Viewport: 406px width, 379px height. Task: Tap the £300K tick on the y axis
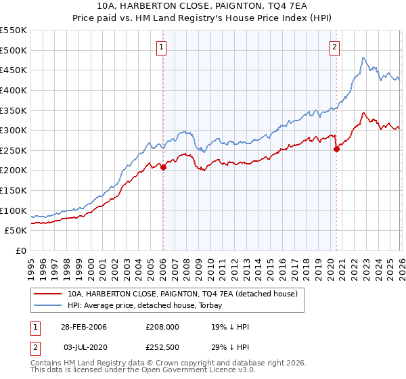[14, 130]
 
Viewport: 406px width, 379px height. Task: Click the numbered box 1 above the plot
[162, 47]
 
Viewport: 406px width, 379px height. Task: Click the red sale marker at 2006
[163, 167]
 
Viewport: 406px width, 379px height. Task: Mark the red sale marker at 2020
[336, 150]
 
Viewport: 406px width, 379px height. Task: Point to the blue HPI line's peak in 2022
[363, 58]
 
